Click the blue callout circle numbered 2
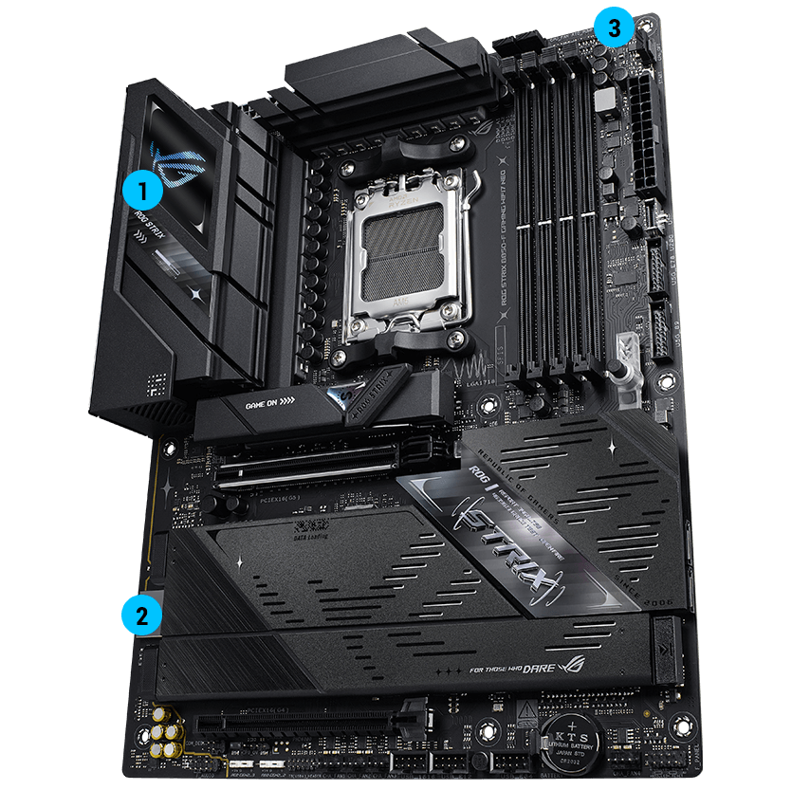pos(140,614)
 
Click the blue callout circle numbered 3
pos(614,28)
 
